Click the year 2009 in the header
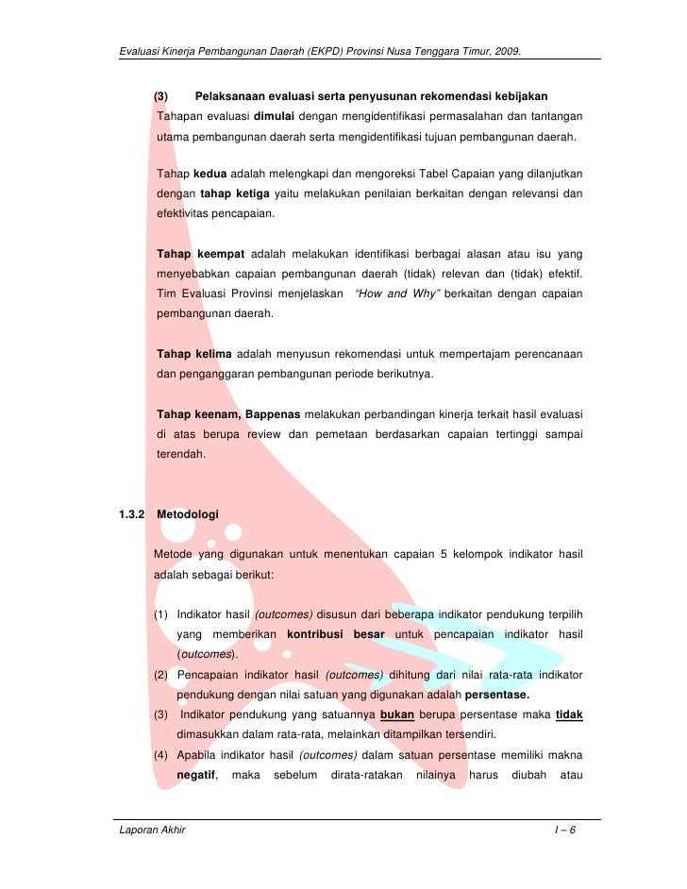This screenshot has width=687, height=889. [x=506, y=48]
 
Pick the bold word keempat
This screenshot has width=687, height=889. [x=222, y=253]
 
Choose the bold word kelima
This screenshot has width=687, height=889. [x=213, y=354]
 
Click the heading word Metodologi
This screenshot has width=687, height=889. [x=187, y=514]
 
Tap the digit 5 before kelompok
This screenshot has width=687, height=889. [x=444, y=554]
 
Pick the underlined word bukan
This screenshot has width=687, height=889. [x=396, y=714]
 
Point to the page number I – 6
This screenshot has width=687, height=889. [x=568, y=831]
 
